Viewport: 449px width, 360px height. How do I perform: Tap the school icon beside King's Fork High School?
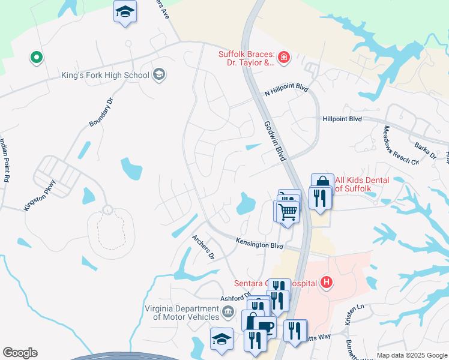coord(159,74)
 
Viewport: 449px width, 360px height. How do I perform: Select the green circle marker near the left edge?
coord(37,58)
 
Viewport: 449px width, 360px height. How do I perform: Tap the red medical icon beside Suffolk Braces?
coord(284,58)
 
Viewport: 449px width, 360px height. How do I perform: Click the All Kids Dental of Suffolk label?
coord(362,184)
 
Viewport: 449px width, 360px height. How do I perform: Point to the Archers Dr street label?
coord(203,246)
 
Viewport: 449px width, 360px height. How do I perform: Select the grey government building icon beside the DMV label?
coord(228,311)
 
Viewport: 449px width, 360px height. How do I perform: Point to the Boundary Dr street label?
coord(101,115)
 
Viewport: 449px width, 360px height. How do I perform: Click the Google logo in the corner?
coord(20,353)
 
